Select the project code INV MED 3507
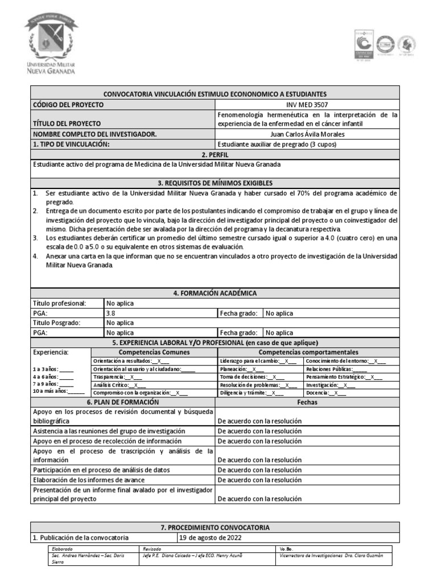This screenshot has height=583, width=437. click(x=307, y=105)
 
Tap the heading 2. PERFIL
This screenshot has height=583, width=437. click(x=216, y=154)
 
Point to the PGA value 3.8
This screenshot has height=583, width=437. click(x=110, y=313)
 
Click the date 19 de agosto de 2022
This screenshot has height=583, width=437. click(x=209, y=537)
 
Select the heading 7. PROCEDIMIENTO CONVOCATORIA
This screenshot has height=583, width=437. click(x=216, y=528)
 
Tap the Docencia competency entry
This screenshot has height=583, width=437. click(x=325, y=393)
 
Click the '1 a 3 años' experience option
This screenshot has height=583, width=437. click(x=53, y=369)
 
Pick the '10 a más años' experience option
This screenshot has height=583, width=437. click(x=59, y=391)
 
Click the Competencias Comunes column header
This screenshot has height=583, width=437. click(x=154, y=352)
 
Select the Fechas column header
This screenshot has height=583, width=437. click(x=307, y=402)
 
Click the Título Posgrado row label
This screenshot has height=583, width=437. click(x=57, y=323)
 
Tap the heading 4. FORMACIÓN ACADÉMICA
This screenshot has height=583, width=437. click(x=216, y=293)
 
